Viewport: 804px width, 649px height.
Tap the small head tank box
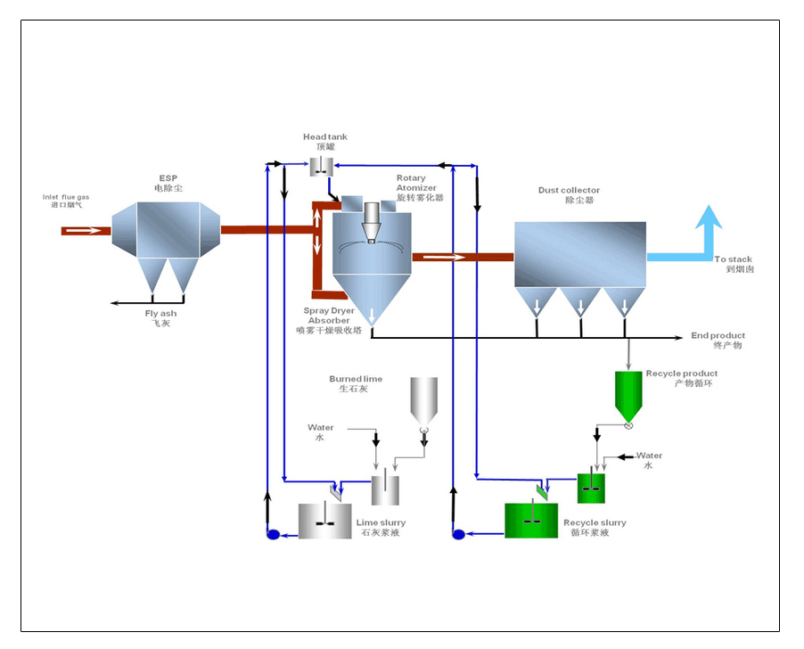(x=321, y=166)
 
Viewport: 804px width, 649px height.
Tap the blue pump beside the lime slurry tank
(x=274, y=534)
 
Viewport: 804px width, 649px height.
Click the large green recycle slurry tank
(x=531, y=521)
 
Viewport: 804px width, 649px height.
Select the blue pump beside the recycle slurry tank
(x=459, y=534)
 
